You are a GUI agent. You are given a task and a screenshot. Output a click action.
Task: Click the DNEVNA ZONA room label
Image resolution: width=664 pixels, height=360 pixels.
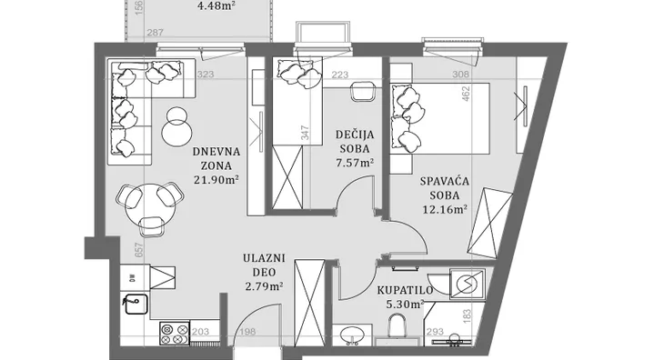click(x=216, y=159)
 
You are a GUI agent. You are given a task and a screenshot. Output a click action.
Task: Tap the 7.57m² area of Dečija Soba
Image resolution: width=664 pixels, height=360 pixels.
click(x=356, y=164)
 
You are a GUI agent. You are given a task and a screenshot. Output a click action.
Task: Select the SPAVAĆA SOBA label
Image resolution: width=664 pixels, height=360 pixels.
click(x=443, y=188)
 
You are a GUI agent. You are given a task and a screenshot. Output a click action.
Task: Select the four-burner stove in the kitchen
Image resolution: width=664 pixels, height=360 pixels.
click(x=173, y=333)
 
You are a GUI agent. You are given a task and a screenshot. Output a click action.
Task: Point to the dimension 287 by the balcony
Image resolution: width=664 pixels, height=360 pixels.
click(x=155, y=35)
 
